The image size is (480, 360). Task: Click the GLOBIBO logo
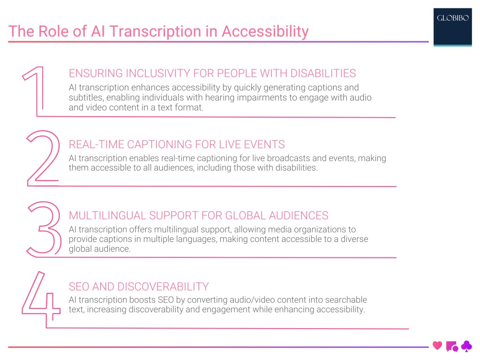(452, 19)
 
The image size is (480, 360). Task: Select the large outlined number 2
(43, 158)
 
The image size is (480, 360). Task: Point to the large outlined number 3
(43, 229)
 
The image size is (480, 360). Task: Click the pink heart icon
(437, 346)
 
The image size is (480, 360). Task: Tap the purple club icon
(466, 346)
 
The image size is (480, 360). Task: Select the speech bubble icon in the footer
(452, 346)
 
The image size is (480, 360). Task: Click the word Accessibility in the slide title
(265, 31)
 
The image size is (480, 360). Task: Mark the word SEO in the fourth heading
(79, 286)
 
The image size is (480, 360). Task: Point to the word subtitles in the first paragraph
(85, 97)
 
